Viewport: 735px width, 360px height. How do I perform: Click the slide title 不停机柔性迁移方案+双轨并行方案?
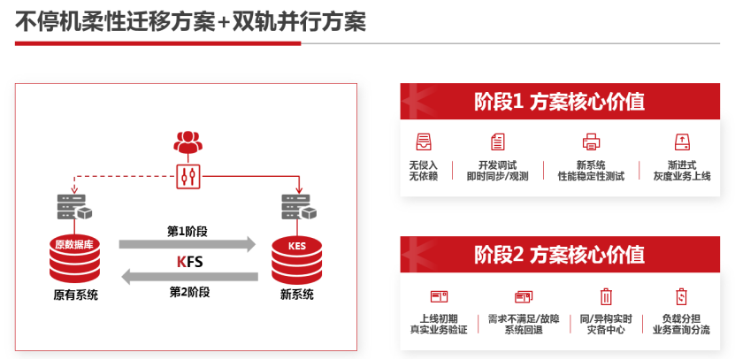point(190,21)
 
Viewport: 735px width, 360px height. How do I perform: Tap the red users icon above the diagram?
point(187,141)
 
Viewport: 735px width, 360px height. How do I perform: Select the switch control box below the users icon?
point(187,173)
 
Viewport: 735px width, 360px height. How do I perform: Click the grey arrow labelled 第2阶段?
point(188,277)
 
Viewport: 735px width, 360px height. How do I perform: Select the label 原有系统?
point(74,295)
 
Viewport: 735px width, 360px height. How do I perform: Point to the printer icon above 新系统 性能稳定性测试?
point(591,142)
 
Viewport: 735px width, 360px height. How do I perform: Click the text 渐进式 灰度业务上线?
point(683,171)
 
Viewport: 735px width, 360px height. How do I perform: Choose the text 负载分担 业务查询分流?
point(681,324)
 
